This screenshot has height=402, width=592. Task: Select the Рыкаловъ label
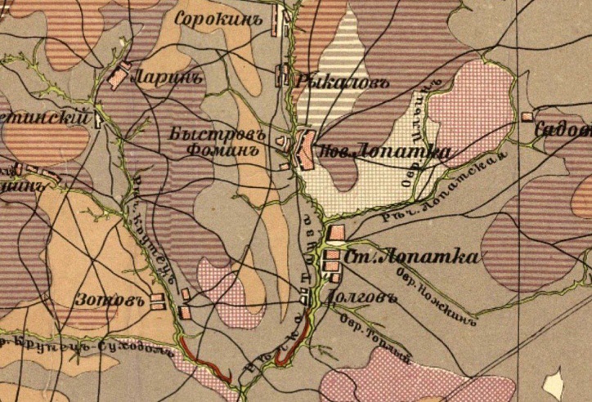coord(334,81)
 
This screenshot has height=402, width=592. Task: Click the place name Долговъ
coord(361,295)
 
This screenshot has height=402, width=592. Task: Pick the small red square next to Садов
coord(527,117)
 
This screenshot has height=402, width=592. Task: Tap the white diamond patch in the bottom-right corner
coord(555,383)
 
